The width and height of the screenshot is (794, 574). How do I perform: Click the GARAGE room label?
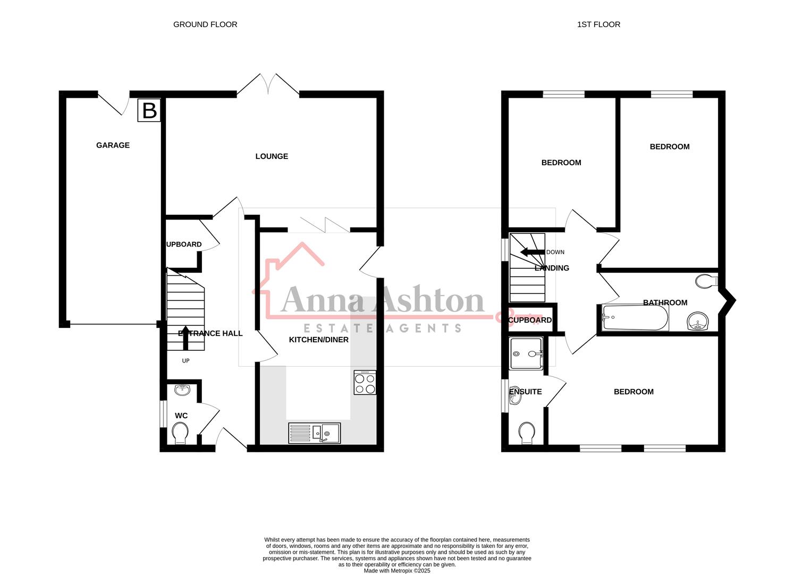(113, 145)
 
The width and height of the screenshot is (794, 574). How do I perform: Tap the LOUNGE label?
(272, 156)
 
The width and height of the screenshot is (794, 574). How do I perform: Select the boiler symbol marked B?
(149, 111)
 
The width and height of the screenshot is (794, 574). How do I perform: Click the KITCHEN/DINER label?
(318, 340)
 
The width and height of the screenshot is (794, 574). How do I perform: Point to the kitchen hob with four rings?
(365, 383)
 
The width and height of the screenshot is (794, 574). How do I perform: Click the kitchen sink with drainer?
(315, 433)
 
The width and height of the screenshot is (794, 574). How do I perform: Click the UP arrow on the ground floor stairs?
(185, 337)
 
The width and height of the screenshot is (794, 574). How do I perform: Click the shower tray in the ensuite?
(526, 353)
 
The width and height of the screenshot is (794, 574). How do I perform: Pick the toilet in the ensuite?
(527, 432)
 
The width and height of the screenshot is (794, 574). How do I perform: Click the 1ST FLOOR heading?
(598, 24)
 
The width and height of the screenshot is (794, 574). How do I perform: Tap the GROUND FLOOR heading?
(205, 24)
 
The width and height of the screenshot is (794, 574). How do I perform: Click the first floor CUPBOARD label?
(530, 320)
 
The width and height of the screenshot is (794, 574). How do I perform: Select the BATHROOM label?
(665, 302)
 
